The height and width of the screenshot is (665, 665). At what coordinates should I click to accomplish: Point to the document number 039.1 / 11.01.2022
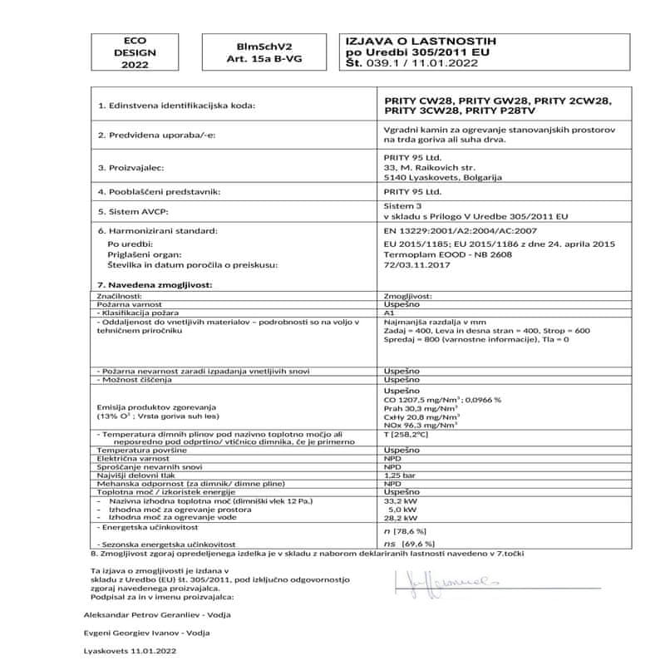click(x=427, y=61)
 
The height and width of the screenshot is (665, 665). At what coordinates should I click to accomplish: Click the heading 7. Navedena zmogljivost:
click(x=156, y=284)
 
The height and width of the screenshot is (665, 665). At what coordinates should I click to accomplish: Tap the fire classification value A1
click(x=389, y=313)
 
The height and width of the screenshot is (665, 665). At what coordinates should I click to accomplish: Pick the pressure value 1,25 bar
click(x=397, y=475)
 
